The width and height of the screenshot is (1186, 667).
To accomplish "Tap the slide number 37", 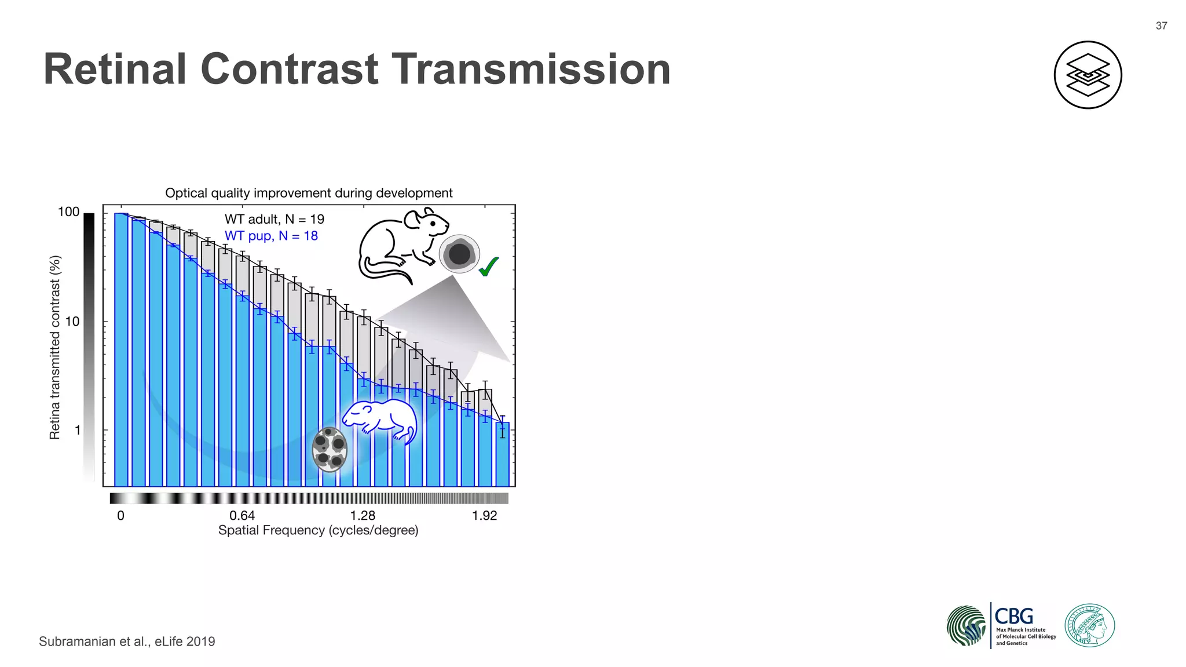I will point(1161,25).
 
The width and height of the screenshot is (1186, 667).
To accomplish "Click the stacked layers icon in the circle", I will point(1088,75).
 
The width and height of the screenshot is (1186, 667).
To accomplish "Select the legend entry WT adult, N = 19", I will point(274,219).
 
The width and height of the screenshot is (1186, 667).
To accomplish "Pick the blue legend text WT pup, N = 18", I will point(271,236).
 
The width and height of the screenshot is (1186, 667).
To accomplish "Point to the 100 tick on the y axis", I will point(69,212).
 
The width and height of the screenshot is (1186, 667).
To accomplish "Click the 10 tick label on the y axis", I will point(72,322).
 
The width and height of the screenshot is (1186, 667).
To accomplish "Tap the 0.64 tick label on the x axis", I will point(242,516).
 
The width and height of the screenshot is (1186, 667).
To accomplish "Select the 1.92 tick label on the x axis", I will point(484,516).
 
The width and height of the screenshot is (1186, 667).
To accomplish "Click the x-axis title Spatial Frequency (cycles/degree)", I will point(318,530).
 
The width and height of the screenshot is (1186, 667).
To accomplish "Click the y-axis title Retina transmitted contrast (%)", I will point(55,348).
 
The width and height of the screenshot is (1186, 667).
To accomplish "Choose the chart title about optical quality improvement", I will point(309,193).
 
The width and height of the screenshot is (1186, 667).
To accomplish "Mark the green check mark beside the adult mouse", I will point(488,267).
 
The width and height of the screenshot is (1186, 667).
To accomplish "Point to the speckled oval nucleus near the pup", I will point(330,449).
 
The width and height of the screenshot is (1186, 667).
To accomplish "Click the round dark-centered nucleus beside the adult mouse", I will point(459,253).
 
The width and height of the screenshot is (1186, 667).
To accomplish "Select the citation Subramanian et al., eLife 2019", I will point(127,642).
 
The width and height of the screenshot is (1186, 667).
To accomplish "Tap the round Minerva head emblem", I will point(1089,625).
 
